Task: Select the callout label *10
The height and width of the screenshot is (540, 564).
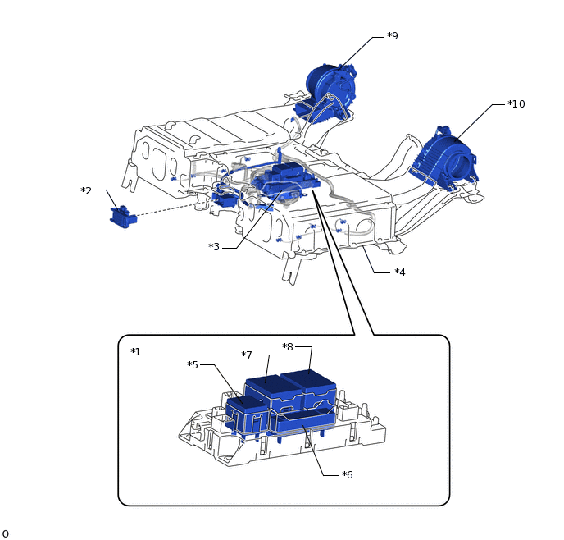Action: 516,104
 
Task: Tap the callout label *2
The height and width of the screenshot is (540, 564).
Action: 86,191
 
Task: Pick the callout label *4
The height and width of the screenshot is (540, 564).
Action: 400,272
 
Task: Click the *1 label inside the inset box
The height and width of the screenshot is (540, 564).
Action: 135,352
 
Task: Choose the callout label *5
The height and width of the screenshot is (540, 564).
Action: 193,364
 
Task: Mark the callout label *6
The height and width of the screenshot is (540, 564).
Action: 348,474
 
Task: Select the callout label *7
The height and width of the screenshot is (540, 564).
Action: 247,355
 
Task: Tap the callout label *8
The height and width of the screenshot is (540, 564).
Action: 288,346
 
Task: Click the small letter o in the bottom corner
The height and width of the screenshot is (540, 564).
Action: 5,533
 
